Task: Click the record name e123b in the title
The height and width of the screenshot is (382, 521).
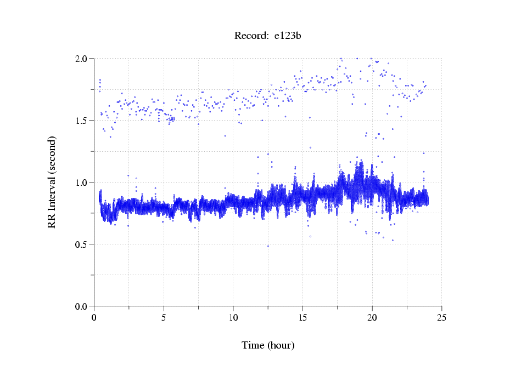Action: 288,36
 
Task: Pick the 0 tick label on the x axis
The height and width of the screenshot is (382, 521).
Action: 94,317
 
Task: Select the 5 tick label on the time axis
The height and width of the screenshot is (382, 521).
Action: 164,317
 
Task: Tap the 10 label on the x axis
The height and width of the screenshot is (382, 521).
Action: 233,317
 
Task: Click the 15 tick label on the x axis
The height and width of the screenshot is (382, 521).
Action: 302,317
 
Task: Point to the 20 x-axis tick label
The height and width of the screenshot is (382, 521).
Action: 372,317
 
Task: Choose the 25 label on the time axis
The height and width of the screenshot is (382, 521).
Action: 441,317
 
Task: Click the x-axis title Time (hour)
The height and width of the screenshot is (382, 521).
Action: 268,345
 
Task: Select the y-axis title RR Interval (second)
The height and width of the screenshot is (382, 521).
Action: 52,182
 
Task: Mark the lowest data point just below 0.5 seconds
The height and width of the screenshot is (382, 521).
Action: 268,246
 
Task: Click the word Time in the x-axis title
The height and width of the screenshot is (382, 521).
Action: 253,345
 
